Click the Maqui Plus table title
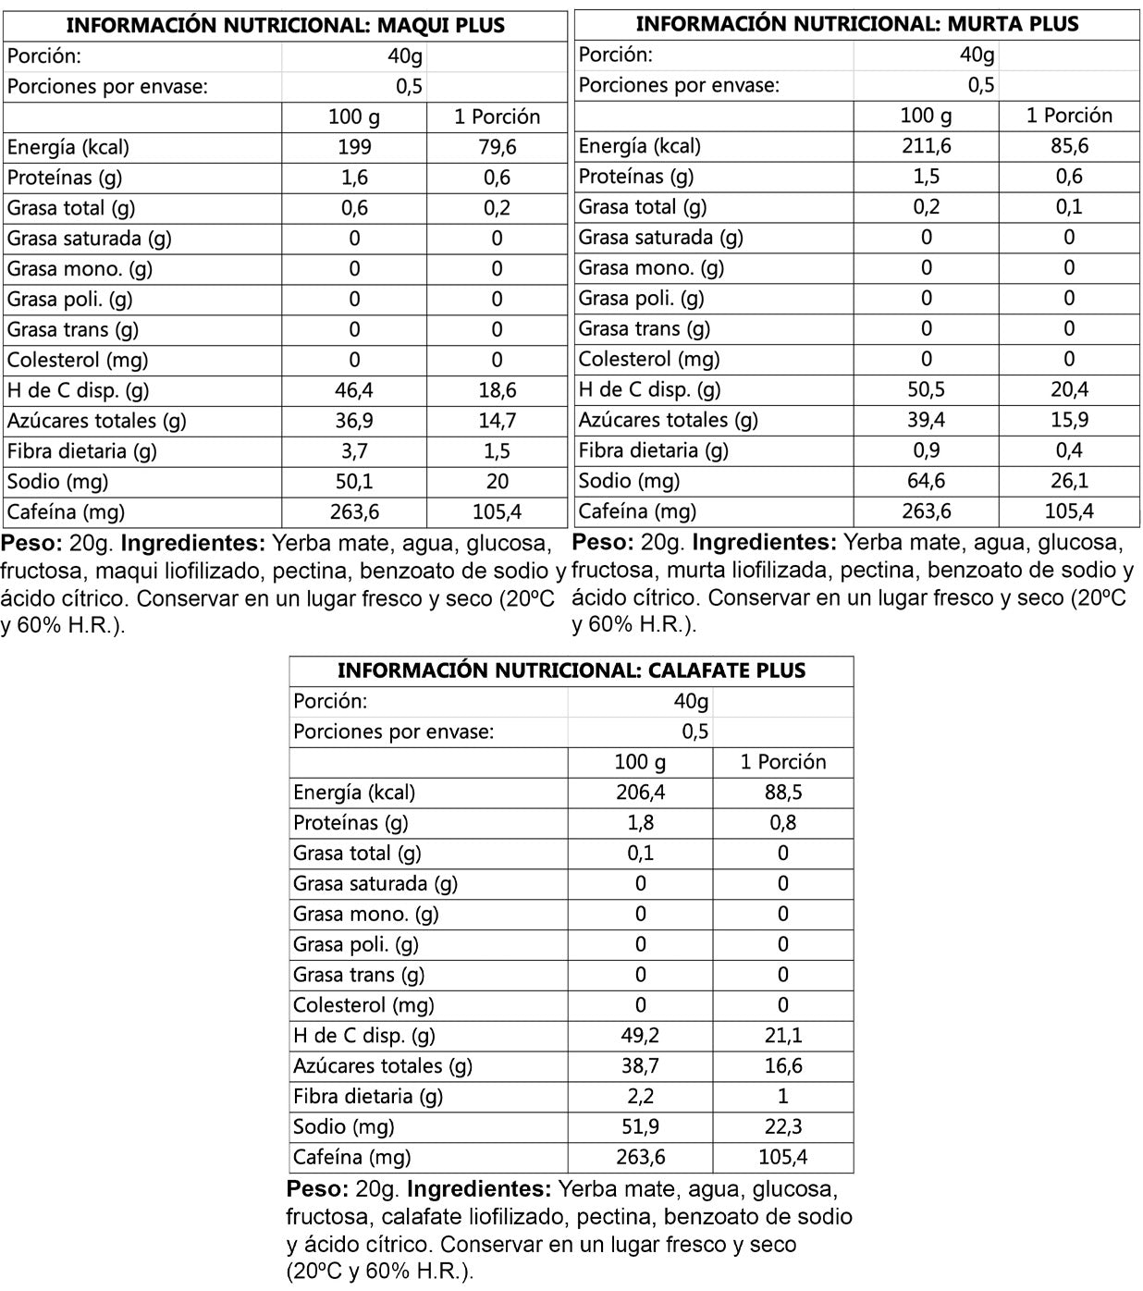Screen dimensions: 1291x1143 click(285, 25)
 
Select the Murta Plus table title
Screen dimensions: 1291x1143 click(856, 24)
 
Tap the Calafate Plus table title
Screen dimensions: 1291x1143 click(571, 670)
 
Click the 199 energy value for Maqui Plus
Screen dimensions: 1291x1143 click(354, 147)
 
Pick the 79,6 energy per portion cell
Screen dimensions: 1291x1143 click(497, 147)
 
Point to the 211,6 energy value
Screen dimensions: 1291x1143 click(926, 146)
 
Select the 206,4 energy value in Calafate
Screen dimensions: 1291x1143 click(640, 793)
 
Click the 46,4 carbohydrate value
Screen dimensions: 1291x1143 click(354, 390)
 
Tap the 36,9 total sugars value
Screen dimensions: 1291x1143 click(354, 421)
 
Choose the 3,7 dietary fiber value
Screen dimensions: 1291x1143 click(354, 451)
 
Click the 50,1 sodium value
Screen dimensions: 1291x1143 click(354, 482)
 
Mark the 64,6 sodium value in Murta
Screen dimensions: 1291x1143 click(926, 481)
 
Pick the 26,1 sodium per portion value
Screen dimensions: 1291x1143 click(1069, 481)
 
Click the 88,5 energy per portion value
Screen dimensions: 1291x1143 click(783, 793)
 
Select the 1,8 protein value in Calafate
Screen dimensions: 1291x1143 click(640, 823)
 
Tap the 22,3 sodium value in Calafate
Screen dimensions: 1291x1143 click(783, 1126)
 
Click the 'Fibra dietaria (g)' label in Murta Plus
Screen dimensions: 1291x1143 click(653, 450)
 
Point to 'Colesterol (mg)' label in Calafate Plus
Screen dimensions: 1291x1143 click(363, 1005)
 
